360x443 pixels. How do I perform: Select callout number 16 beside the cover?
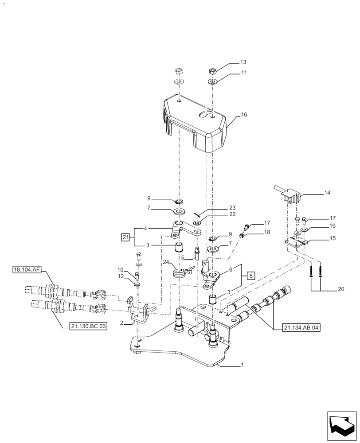point(244,115)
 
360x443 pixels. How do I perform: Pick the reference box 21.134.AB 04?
point(300,328)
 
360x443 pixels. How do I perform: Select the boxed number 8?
point(251,275)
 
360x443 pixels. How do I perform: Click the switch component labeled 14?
point(289,195)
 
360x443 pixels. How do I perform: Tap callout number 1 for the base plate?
point(242,365)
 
